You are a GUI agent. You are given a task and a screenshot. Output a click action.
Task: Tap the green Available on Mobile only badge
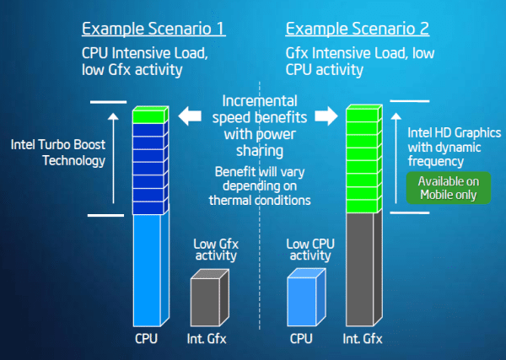(x=448, y=187)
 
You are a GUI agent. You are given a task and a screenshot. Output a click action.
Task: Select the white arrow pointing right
(x=325, y=116)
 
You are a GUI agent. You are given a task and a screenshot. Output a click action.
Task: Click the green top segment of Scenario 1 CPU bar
(x=153, y=117)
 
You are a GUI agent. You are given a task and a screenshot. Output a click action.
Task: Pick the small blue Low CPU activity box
(x=306, y=297)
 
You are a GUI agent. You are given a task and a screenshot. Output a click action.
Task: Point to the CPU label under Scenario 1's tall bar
(x=146, y=340)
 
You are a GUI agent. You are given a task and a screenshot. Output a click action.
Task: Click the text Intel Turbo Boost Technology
(x=58, y=152)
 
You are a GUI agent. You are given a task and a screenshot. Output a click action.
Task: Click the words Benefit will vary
(x=258, y=173)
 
